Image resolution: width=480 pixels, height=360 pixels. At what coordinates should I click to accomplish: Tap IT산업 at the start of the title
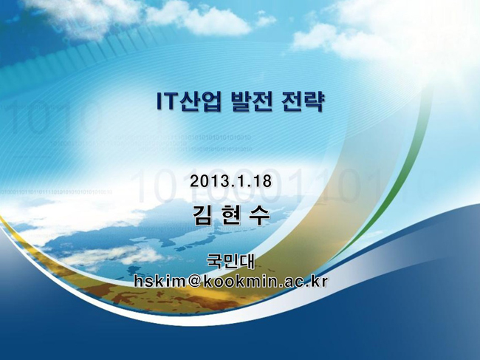pyautogui.click(x=188, y=101)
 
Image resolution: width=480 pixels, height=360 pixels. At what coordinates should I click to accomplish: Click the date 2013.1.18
pyautogui.click(x=230, y=181)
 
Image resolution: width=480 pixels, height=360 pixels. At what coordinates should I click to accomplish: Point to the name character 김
pyautogui.click(x=203, y=215)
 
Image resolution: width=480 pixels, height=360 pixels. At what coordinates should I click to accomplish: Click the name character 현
pyautogui.click(x=231, y=215)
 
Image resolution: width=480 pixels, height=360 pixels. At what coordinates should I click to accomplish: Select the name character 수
pyautogui.click(x=259, y=215)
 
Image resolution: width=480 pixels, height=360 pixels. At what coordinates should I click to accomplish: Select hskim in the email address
pyautogui.click(x=160, y=281)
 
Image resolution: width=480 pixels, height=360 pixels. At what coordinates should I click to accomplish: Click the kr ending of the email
pyautogui.click(x=320, y=281)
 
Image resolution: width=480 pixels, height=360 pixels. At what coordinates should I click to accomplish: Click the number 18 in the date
pyautogui.click(x=263, y=181)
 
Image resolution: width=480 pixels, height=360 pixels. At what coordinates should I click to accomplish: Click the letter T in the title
pyautogui.click(x=169, y=101)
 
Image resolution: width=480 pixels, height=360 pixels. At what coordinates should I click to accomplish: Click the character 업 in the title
pyautogui.click(x=211, y=101)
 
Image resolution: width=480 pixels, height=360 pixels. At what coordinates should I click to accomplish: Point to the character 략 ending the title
pyautogui.click(x=313, y=101)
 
